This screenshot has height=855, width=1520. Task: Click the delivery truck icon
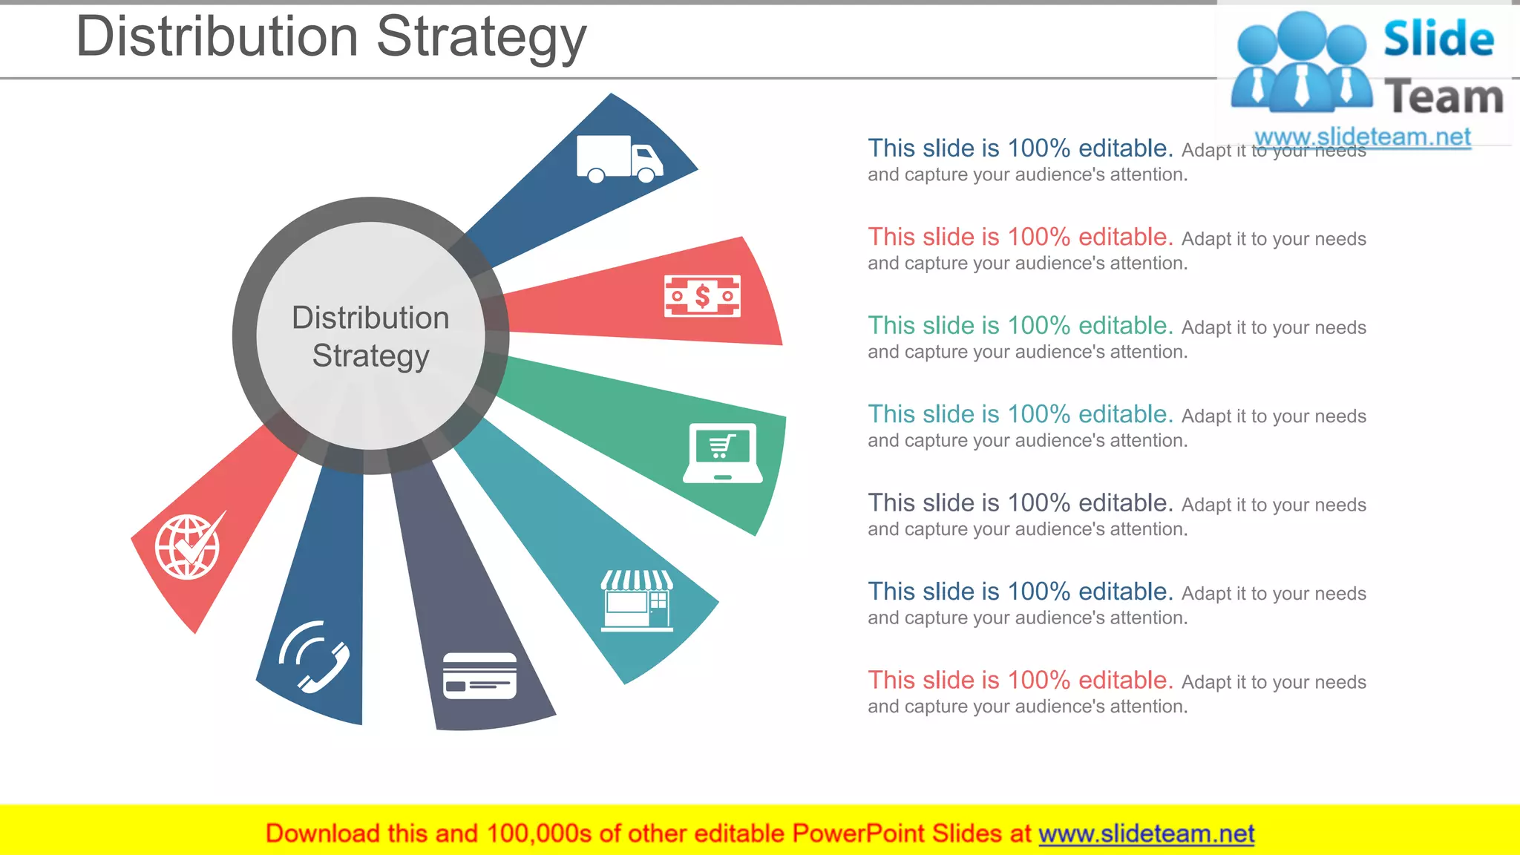tap(619, 158)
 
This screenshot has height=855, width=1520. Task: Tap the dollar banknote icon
tap(702, 296)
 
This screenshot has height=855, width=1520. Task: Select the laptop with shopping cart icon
tap(722, 453)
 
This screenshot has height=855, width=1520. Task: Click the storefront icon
tap(637, 600)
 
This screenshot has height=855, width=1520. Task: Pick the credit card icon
tap(479, 675)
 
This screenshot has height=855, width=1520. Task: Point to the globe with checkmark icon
tap(189, 546)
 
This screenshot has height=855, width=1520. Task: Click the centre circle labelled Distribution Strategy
tap(370, 335)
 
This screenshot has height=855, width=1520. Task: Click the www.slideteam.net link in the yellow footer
tap(1146, 833)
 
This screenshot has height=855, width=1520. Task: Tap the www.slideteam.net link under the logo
tap(1362, 137)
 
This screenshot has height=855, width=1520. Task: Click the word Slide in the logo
tap(1438, 39)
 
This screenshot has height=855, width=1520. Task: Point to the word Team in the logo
tap(1444, 97)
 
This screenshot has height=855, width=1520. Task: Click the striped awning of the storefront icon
tap(637, 580)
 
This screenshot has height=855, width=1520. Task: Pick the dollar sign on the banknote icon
tap(702, 296)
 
